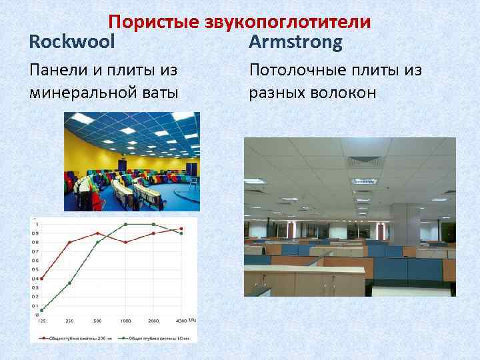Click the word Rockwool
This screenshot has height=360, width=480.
pos(72,43)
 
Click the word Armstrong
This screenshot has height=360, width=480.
pos(295,43)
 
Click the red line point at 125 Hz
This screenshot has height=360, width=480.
pos(42,279)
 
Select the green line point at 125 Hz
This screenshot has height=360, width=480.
pos(42,310)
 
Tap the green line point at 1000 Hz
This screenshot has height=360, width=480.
pos(125,225)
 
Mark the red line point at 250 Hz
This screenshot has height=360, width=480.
pos(69,242)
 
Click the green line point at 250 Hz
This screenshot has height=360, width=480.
pos(69,283)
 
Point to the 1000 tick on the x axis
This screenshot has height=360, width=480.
pos(125,321)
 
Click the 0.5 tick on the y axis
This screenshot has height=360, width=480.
pos(35,269)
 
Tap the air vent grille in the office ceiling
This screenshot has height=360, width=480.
pos(363,161)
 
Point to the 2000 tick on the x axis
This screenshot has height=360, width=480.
pos(153,321)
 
